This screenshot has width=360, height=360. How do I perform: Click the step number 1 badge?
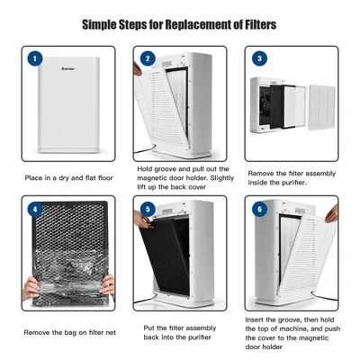point(35,58)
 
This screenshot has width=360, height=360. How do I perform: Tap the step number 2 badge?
point(147,58)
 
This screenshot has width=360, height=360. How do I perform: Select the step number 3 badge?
point(259,58)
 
